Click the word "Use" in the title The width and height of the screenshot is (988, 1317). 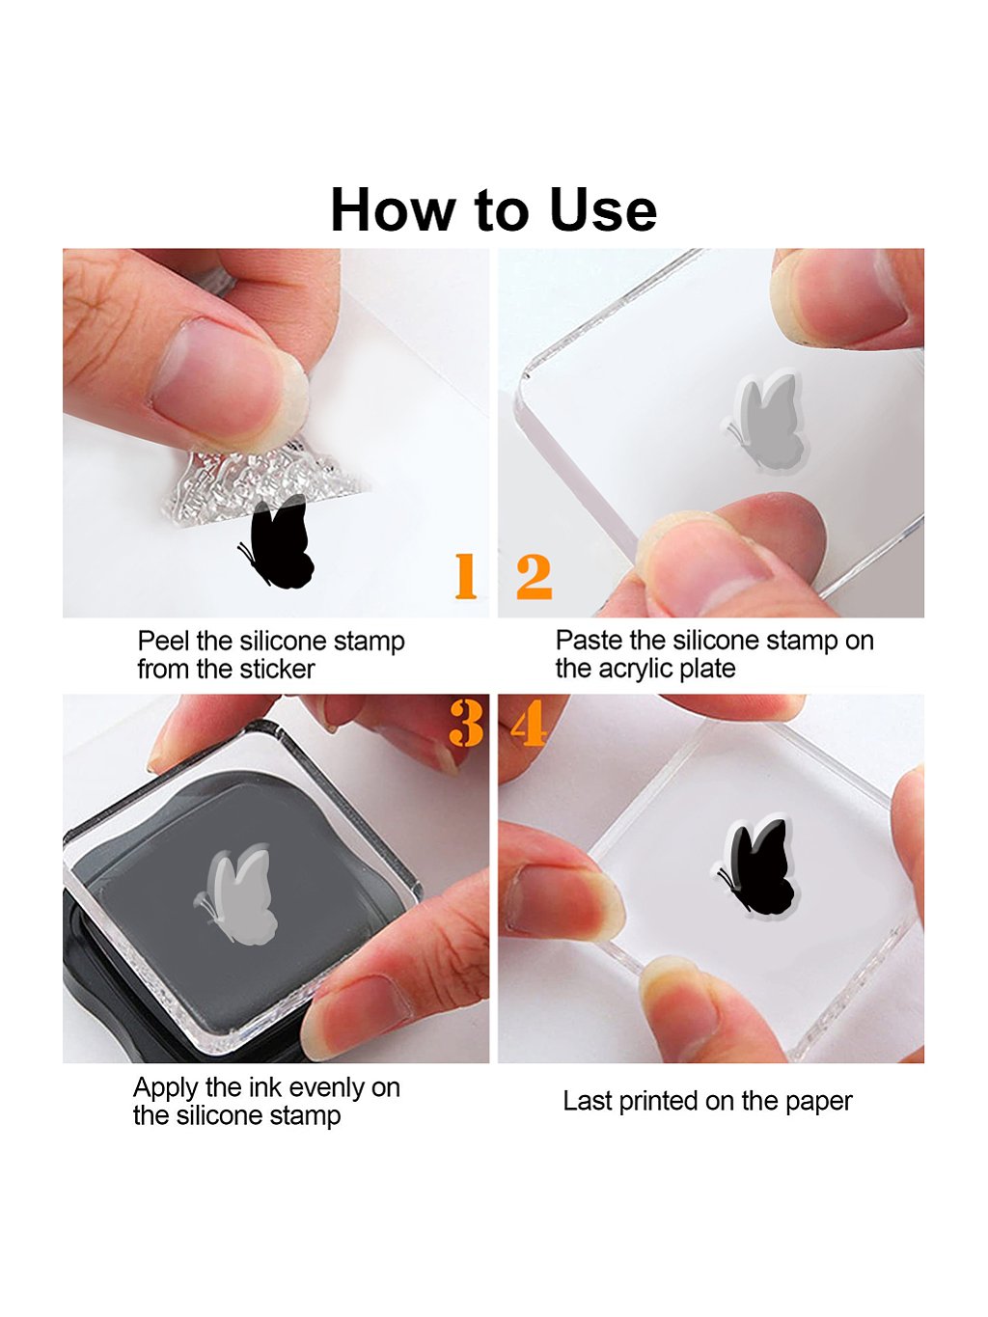point(603,210)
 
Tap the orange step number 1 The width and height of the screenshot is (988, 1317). point(465,576)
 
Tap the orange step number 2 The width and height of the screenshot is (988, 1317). point(534,577)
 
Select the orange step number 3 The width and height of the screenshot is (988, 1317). point(466,723)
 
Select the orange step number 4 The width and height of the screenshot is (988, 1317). point(528,723)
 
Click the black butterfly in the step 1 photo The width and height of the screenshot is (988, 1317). point(277,542)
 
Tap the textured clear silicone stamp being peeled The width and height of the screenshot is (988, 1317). point(264,483)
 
